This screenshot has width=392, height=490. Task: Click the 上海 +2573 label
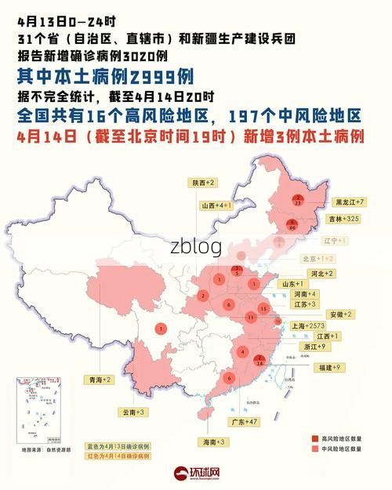pos(307,325)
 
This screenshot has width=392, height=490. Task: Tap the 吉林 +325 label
pos(347,219)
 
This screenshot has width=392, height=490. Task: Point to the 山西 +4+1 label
pos(216,205)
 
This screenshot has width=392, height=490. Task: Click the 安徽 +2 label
pos(339,314)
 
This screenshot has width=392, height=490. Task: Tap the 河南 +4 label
pos(305,293)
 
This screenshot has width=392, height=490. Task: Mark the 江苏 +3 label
pos(304,303)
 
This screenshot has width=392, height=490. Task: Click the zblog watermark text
pos(196,246)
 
